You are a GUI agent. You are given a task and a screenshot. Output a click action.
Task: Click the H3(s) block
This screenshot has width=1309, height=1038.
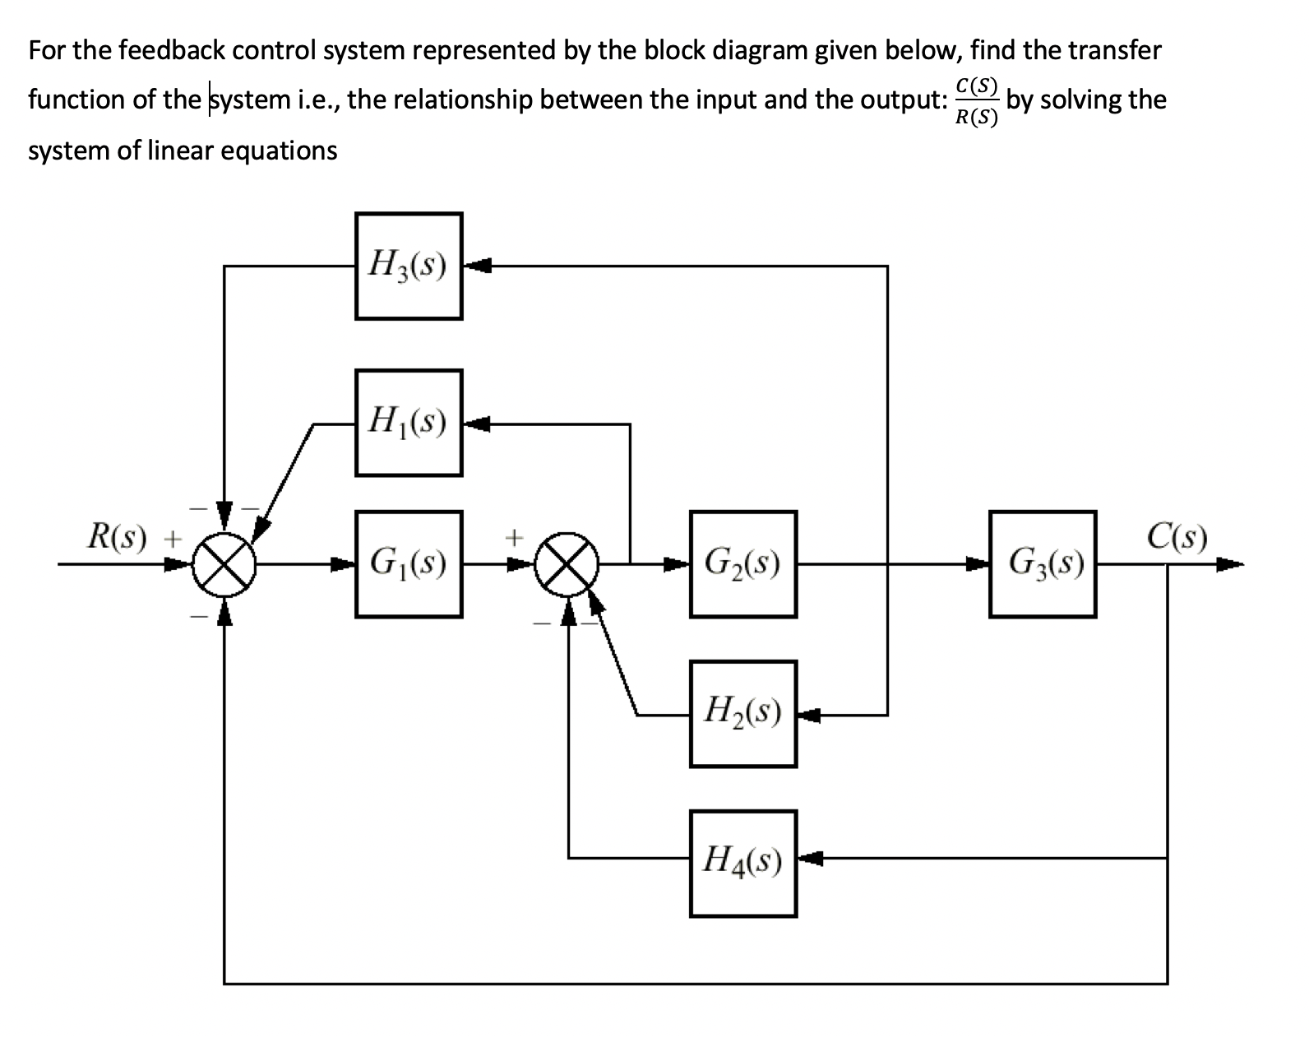pyautogui.click(x=408, y=266)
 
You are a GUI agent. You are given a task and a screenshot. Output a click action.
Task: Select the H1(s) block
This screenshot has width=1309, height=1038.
pyautogui.click(x=408, y=423)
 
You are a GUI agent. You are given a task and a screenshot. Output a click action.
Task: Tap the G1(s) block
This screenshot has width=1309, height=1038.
pyautogui.click(x=408, y=564)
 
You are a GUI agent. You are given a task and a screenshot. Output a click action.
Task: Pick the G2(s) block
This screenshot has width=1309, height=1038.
pyautogui.click(x=743, y=564)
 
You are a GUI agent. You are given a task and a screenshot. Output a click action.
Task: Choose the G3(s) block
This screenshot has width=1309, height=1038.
pyautogui.click(x=1043, y=564)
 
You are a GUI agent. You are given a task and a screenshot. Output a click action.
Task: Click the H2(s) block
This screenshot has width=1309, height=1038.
pyautogui.click(x=743, y=714)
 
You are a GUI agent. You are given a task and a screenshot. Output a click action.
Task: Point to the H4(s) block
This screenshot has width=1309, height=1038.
pyautogui.click(x=743, y=864)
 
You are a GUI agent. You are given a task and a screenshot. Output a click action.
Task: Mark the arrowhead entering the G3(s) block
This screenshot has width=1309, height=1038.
pyautogui.click(x=978, y=564)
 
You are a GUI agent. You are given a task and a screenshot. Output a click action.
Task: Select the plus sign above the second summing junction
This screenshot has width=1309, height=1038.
pyautogui.click(x=513, y=538)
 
